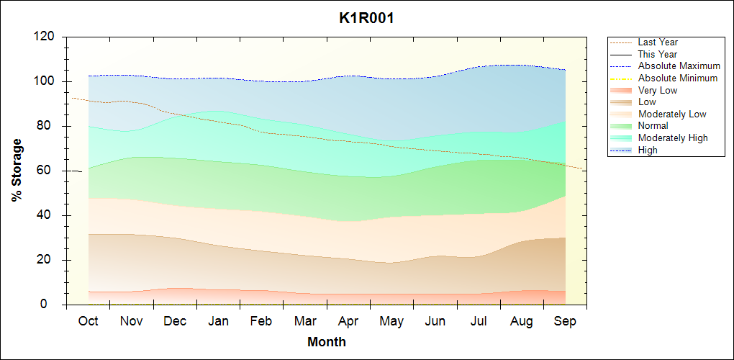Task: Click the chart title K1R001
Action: [x=366, y=18]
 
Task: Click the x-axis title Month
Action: [x=326, y=342]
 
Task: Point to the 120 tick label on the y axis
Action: [x=45, y=37]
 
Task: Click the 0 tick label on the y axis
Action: [x=51, y=305]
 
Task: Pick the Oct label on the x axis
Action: [x=88, y=321]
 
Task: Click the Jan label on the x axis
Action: [x=218, y=321]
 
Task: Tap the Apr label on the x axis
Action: [x=348, y=321]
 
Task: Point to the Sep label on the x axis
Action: [x=565, y=321]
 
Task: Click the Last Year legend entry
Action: [x=658, y=42]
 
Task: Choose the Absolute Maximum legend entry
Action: [x=679, y=66]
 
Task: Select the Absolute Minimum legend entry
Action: [x=678, y=78]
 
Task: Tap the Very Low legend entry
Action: [x=658, y=90]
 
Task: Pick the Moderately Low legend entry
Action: [x=672, y=114]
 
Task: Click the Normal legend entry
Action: [x=653, y=126]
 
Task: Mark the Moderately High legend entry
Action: [x=673, y=138]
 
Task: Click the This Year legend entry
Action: [x=658, y=54]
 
